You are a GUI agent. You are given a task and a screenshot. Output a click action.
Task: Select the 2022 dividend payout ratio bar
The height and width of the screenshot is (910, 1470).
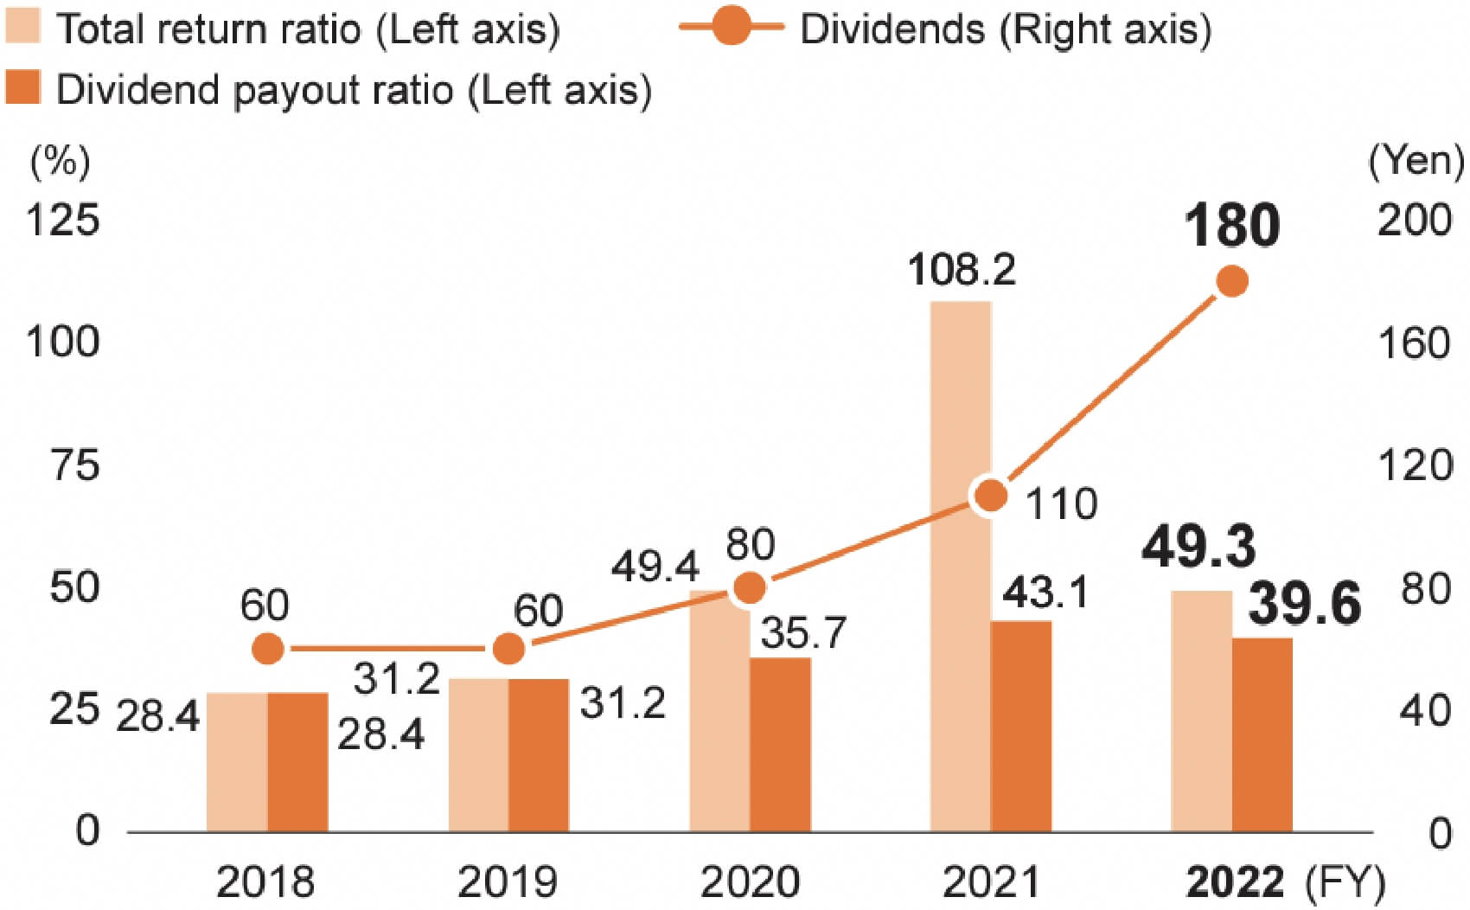[1262, 735]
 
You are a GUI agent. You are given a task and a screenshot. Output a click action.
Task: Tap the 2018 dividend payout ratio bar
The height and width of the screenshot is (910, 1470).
[297, 762]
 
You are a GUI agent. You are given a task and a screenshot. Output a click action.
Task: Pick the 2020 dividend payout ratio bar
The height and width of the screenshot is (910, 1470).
[780, 745]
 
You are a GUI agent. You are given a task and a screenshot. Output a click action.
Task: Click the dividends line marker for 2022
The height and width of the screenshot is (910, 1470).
[1231, 281]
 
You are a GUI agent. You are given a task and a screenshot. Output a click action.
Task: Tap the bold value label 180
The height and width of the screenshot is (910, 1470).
[1231, 226]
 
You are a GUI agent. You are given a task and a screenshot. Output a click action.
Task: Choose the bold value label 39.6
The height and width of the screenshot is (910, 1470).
[1305, 603]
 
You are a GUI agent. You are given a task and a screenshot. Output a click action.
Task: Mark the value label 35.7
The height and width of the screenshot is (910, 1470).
[803, 632]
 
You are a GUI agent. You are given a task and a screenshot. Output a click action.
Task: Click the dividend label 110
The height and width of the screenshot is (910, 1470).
[1061, 503]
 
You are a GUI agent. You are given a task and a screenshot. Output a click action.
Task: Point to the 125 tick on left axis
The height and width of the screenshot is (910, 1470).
[62, 220]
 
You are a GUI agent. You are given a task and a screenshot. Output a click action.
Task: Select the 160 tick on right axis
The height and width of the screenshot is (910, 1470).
[1414, 343]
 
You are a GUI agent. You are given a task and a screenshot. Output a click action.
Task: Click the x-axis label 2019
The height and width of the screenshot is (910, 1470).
[508, 882]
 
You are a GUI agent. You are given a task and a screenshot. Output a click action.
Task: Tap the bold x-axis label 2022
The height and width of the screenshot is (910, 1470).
[1235, 882]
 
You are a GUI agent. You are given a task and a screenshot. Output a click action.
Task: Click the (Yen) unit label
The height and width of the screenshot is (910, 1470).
[1416, 160]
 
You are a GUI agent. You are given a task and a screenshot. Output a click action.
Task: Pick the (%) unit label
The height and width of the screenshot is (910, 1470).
[60, 160]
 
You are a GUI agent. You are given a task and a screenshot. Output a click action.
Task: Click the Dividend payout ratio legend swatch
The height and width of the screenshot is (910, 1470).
[22, 88]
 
